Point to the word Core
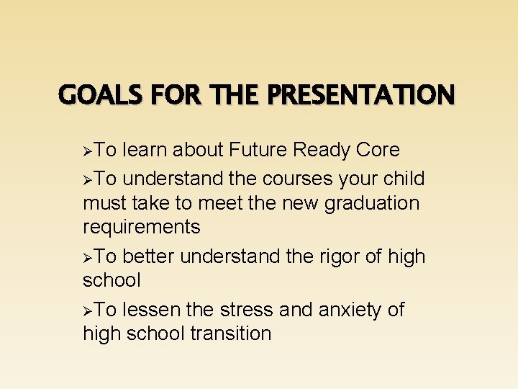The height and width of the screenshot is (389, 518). [376, 150]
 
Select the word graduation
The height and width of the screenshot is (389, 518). [372, 203]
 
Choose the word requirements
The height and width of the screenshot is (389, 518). [142, 228]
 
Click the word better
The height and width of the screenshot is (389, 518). [149, 256]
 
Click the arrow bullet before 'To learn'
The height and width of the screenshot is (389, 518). [88, 151]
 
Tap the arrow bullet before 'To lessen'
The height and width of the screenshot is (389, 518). [88, 310]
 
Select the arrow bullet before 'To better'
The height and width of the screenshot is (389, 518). [88, 257]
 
